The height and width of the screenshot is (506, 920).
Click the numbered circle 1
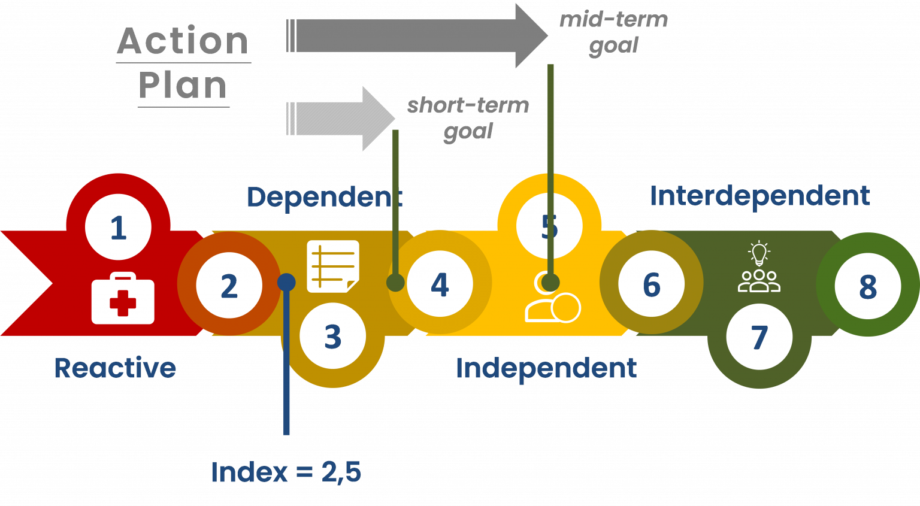(118, 227)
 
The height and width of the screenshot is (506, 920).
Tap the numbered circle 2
(229, 286)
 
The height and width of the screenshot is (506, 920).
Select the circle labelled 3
(332, 337)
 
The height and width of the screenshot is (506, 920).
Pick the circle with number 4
(440, 284)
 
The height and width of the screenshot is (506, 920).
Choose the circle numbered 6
(652, 284)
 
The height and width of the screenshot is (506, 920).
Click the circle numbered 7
(759, 337)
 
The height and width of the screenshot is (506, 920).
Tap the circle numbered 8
(868, 286)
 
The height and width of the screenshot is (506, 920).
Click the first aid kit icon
(123, 298)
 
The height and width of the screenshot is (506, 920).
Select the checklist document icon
(333, 266)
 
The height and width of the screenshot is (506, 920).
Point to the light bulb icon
(759, 253)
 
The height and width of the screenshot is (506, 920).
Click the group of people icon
(759, 281)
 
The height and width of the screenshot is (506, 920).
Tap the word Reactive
(115, 368)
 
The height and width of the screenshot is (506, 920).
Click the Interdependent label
(760, 195)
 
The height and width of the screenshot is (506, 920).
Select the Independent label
(546, 368)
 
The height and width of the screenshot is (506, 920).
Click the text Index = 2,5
(286, 472)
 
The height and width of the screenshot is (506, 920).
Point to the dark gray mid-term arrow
(417, 36)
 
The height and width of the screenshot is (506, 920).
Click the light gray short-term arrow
(340, 119)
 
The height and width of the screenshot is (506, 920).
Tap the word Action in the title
(183, 41)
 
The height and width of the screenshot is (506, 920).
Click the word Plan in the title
(183, 85)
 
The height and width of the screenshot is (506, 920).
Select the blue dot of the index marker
(286, 282)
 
